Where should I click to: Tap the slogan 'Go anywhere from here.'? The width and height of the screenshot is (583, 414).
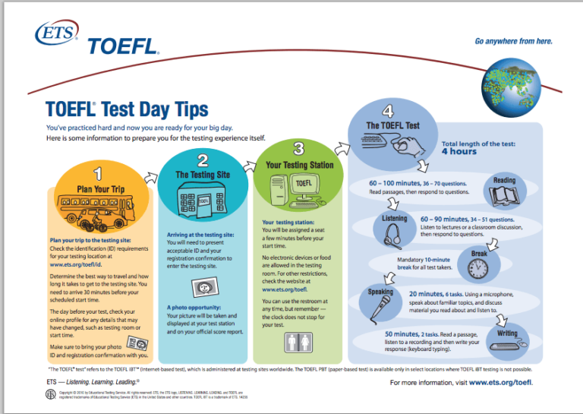[513, 41]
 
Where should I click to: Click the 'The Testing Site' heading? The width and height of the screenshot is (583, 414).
[203, 175]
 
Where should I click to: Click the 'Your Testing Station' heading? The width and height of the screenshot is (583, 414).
[300, 165]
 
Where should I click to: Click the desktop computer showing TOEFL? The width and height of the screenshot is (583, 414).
[295, 190]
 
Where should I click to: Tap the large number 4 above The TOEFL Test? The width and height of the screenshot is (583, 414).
[388, 111]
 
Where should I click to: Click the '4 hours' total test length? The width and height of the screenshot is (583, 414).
[459, 151]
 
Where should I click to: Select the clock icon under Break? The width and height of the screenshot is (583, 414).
[477, 268]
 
